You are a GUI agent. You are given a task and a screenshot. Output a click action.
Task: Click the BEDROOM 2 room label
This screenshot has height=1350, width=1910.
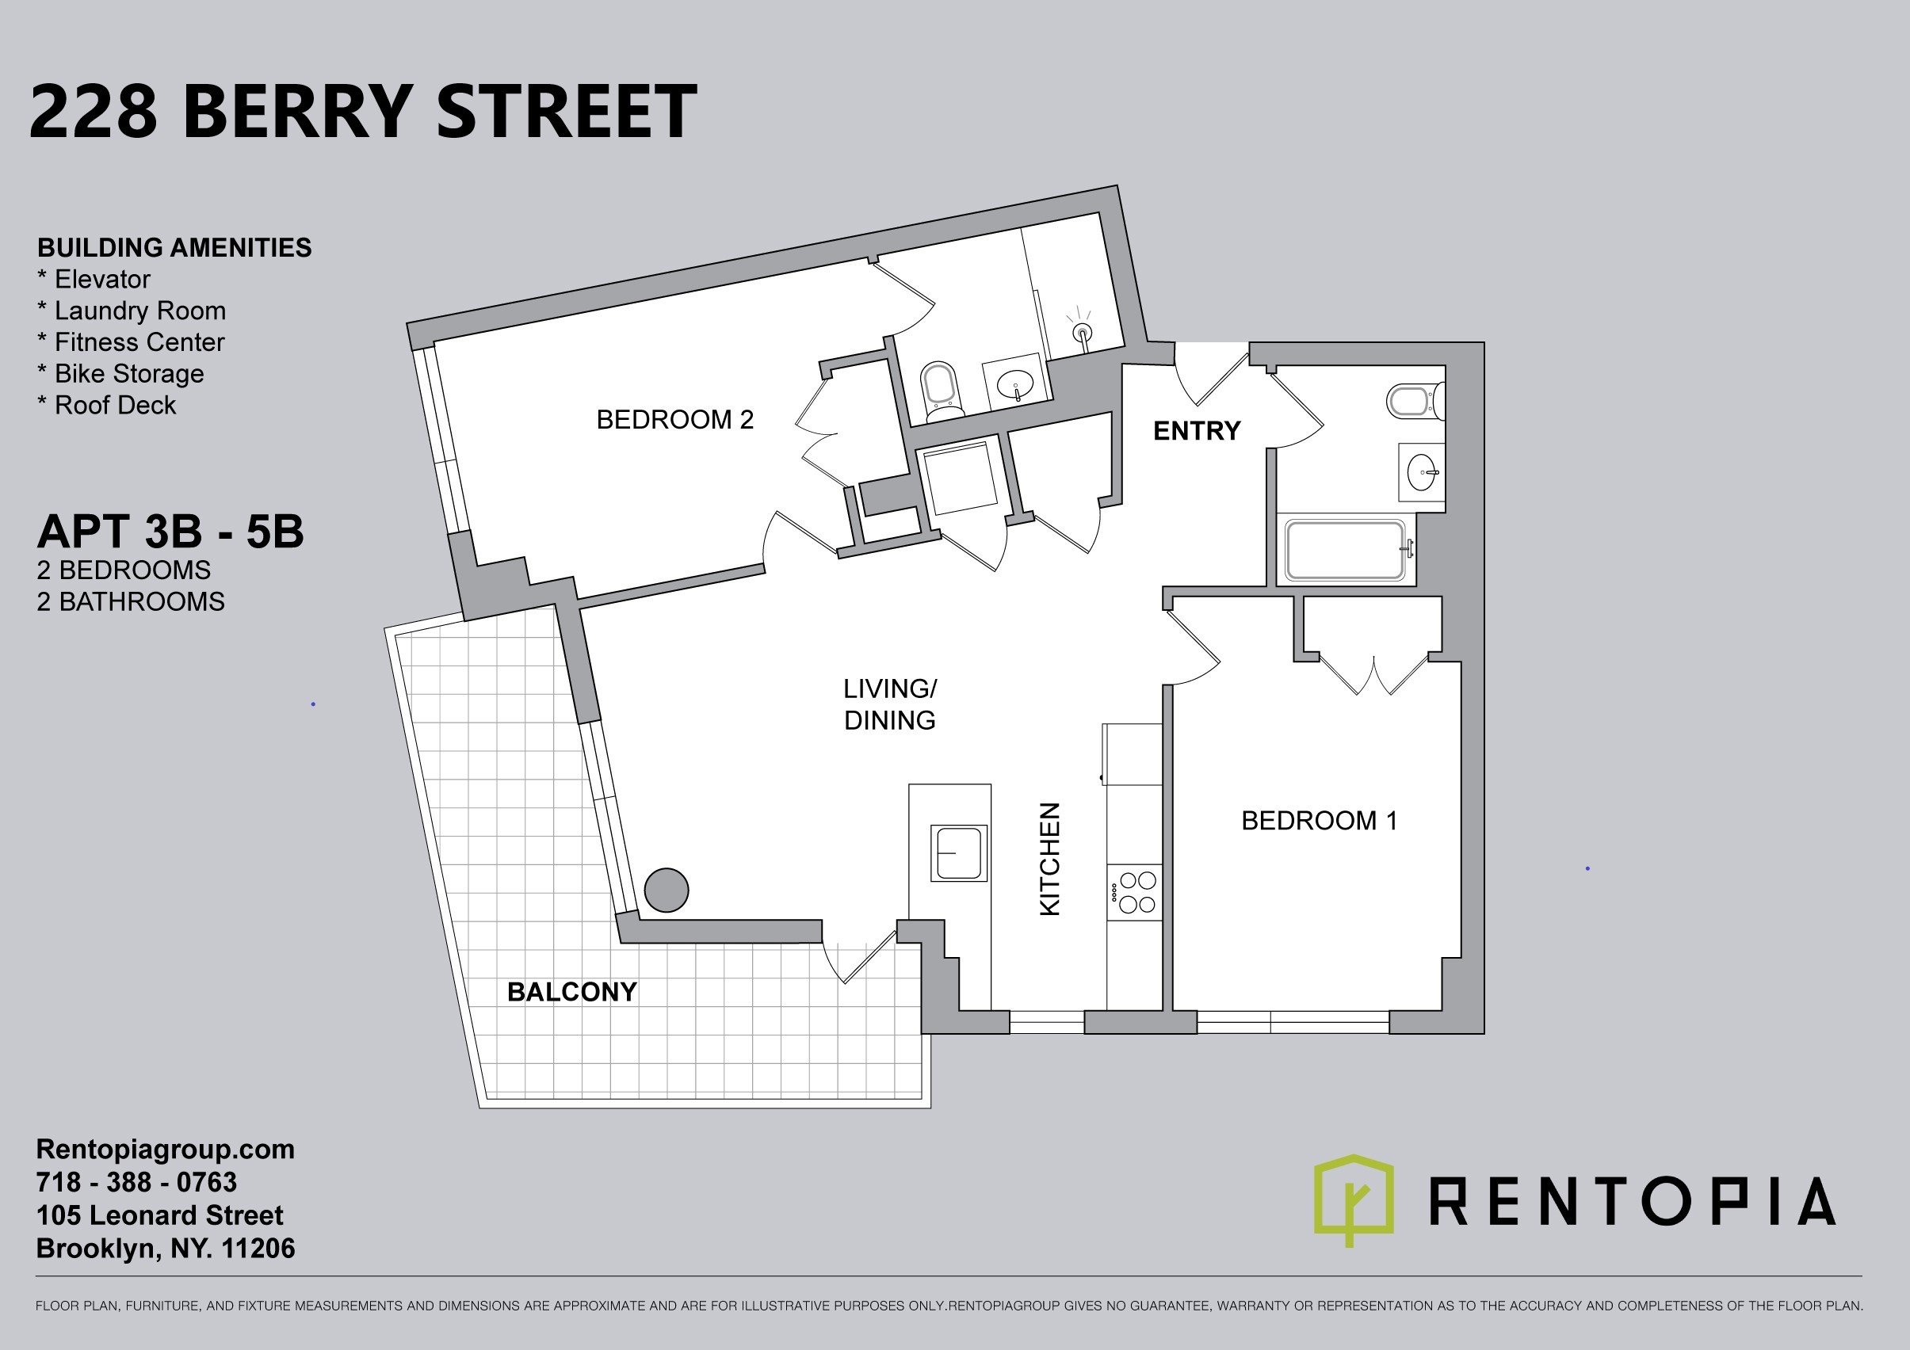674,419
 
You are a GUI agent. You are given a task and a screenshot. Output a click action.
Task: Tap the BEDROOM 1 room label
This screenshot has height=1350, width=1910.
1320,820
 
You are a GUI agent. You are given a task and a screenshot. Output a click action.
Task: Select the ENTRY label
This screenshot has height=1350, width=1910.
1196,430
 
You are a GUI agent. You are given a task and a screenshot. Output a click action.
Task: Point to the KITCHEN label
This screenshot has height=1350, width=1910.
1050,860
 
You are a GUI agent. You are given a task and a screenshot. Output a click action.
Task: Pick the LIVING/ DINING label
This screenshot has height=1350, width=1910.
889,704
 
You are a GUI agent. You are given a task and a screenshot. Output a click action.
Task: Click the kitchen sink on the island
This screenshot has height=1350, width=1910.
958,852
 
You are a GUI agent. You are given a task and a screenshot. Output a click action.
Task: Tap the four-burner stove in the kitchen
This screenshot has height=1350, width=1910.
1135,892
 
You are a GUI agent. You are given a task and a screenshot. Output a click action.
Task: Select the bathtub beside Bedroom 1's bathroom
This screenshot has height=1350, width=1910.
1345,550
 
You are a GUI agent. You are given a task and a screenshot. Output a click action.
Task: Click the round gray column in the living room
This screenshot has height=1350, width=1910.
667,890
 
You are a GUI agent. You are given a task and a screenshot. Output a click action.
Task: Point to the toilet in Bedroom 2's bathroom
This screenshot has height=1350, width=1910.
941,390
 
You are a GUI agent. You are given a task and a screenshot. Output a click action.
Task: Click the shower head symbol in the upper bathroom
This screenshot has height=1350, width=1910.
1083,332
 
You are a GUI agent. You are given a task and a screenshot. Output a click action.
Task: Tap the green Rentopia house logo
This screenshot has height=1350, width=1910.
1354,1199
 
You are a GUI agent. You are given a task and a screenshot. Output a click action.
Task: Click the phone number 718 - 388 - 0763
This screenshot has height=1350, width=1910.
136,1182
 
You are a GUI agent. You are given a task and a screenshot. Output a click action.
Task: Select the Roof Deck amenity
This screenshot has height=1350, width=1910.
106,405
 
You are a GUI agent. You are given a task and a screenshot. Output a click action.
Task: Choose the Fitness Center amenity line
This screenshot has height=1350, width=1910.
131,342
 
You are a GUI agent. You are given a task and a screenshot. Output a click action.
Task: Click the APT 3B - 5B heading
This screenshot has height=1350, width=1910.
170,532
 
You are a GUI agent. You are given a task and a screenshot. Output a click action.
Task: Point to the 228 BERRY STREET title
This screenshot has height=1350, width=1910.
363,111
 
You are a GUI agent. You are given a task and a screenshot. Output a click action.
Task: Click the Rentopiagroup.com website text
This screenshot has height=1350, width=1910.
165,1150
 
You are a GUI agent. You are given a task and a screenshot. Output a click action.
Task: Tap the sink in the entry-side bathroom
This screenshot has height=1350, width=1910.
1422,472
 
